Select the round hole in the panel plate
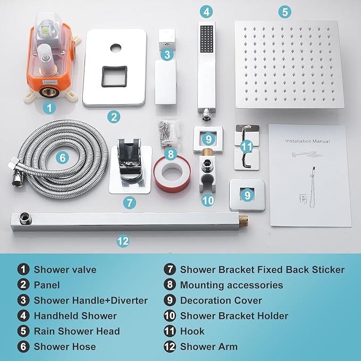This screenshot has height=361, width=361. tap(115, 48)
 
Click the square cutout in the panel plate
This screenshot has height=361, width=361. tap(114, 76)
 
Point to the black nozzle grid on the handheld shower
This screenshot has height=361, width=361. tap(207, 39)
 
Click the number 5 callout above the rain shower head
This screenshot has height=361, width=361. tap(285, 12)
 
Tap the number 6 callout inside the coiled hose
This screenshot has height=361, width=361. tap(62, 158)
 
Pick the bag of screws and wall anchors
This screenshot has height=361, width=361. tap(169, 133)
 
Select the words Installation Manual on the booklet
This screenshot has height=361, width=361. tap(307, 141)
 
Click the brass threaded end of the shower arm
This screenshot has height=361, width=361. tap(243, 221)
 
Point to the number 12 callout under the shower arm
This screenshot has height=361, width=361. tap(123, 241)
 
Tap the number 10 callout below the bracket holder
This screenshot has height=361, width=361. tap(208, 200)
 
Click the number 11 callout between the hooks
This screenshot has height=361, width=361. tap(247, 146)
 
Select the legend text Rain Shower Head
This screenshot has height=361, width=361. tap(77, 331)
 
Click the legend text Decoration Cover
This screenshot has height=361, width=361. tap(221, 300)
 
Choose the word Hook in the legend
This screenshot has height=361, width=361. tap(192, 331)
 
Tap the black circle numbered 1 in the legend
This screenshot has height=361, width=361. tap(23, 270)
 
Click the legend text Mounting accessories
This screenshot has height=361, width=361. tap(232, 285)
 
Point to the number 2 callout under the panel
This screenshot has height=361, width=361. tap(114, 117)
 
